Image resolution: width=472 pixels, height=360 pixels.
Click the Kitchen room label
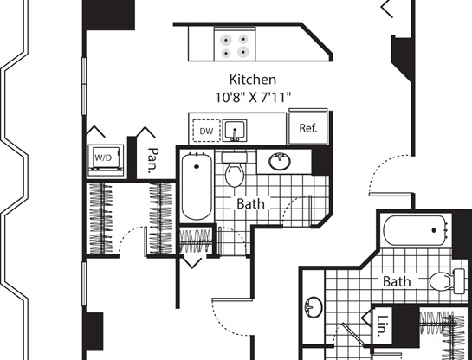coord(253,80)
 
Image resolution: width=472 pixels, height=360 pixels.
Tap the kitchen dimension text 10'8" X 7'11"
coord(253,98)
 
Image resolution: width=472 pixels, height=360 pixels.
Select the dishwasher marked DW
coord(206,131)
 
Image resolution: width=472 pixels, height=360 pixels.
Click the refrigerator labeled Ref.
coord(308,126)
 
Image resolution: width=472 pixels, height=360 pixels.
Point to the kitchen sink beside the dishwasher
coord(235,130)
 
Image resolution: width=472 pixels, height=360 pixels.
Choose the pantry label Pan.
coord(153,160)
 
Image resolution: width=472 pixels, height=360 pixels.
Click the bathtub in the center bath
coord(197,186)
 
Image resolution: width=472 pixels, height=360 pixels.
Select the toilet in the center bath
coord(235,170)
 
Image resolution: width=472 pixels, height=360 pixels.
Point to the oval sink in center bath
coord(280,162)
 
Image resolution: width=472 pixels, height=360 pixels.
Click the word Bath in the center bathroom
coord(251,204)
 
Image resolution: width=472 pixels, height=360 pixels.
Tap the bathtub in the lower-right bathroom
coord(416,230)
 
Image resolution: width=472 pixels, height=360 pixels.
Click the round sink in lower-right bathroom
coord(314,307)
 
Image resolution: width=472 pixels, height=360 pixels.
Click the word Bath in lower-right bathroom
coord(397,281)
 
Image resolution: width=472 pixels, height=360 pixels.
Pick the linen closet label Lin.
coord(382,325)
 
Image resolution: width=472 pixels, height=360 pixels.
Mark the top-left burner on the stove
coord(225,40)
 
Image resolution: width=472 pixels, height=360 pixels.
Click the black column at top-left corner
coord(108,15)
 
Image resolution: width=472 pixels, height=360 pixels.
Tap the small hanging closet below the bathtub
coord(196,241)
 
